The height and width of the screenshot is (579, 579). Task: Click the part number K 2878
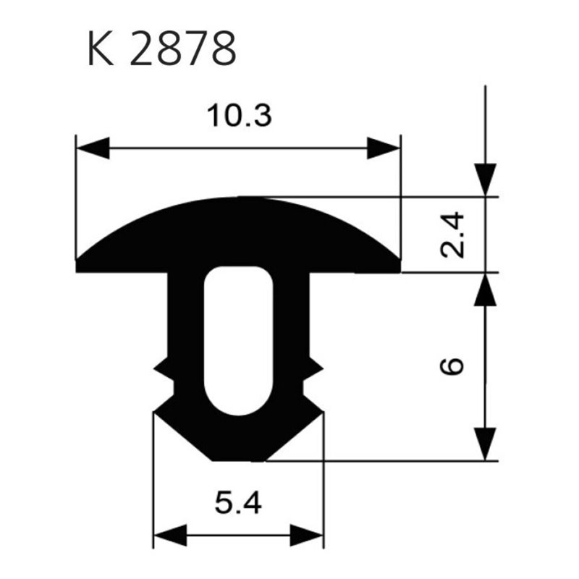click(x=161, y=49)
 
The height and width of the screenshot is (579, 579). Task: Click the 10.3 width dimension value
click(x=239, y=116)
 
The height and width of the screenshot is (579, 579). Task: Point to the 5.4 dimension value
click(x=238, y=502)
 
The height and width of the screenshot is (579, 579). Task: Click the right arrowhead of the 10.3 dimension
click(x=383, y=148)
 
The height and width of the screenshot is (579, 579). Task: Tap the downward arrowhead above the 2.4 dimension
click(x=486, y=179)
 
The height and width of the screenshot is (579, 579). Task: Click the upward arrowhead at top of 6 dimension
click(x=486, y=289)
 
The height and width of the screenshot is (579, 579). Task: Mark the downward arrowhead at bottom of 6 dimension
click(x=486, y=443)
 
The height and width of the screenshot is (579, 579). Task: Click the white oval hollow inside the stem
click(x=238, y=340)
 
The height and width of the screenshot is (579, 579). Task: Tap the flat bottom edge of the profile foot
click(x=238, y=459)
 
